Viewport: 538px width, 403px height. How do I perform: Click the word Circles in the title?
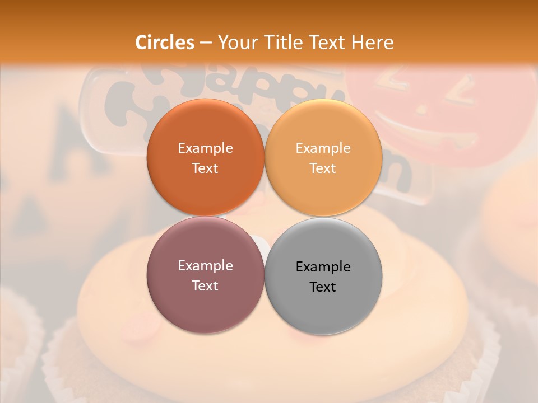tap(165, 43)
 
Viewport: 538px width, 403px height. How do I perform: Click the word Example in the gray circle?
tap(323, 266)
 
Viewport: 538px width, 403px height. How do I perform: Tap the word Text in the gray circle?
tap(323, 287)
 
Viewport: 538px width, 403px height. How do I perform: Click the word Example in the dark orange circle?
tap(205, 148)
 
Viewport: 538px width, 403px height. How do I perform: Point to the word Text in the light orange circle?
tap(323, 168)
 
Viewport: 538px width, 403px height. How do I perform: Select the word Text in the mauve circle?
tap(205, 285)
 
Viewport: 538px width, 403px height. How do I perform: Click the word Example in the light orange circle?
tap(323, 148)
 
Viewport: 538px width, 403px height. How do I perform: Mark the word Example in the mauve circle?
tap(205, 265)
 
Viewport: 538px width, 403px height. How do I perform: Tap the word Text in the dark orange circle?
tap(205, 168)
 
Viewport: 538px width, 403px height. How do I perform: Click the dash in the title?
tap(206, 43)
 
